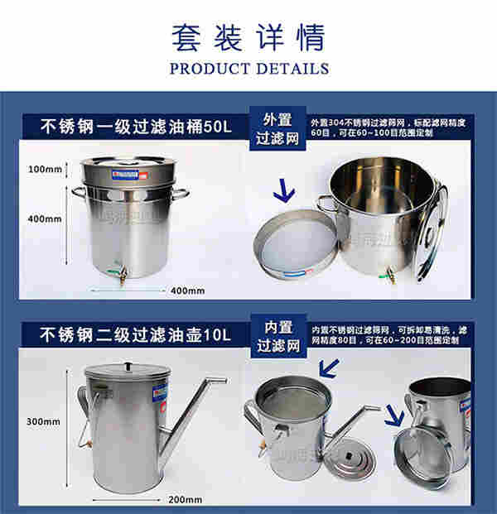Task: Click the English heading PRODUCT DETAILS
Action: pos(248,68)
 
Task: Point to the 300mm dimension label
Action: pos(44,421)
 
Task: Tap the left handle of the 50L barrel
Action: pos(78,193)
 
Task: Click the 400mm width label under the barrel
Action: pos(187,291)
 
